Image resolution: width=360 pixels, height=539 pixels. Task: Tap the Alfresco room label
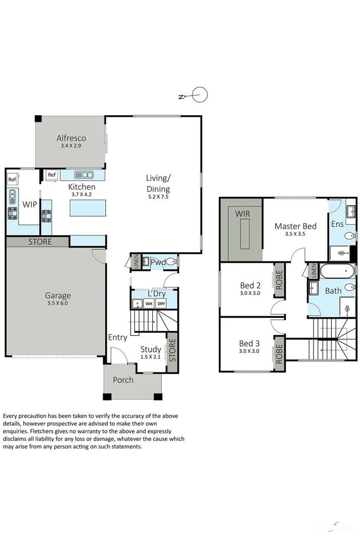(71, 138)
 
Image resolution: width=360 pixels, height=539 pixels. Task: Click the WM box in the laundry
(149, 304)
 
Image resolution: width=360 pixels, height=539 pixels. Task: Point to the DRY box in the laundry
(161, 304)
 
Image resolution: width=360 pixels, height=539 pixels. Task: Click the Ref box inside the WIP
(12, 179)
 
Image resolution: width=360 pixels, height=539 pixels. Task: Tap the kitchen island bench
(88, 208)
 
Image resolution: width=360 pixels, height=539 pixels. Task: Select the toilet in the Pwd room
(171, 262)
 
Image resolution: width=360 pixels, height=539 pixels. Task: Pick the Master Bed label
(295, 226)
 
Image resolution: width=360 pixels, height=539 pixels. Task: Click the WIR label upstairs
(242, 214)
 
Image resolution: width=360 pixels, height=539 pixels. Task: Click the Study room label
(151, 349)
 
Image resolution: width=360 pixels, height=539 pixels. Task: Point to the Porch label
(123, 379)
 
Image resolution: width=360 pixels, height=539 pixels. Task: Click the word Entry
(117, 337)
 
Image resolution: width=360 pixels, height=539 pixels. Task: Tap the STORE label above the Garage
(40, 241)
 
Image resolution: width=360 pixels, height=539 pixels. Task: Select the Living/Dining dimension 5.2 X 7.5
(158, 197)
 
